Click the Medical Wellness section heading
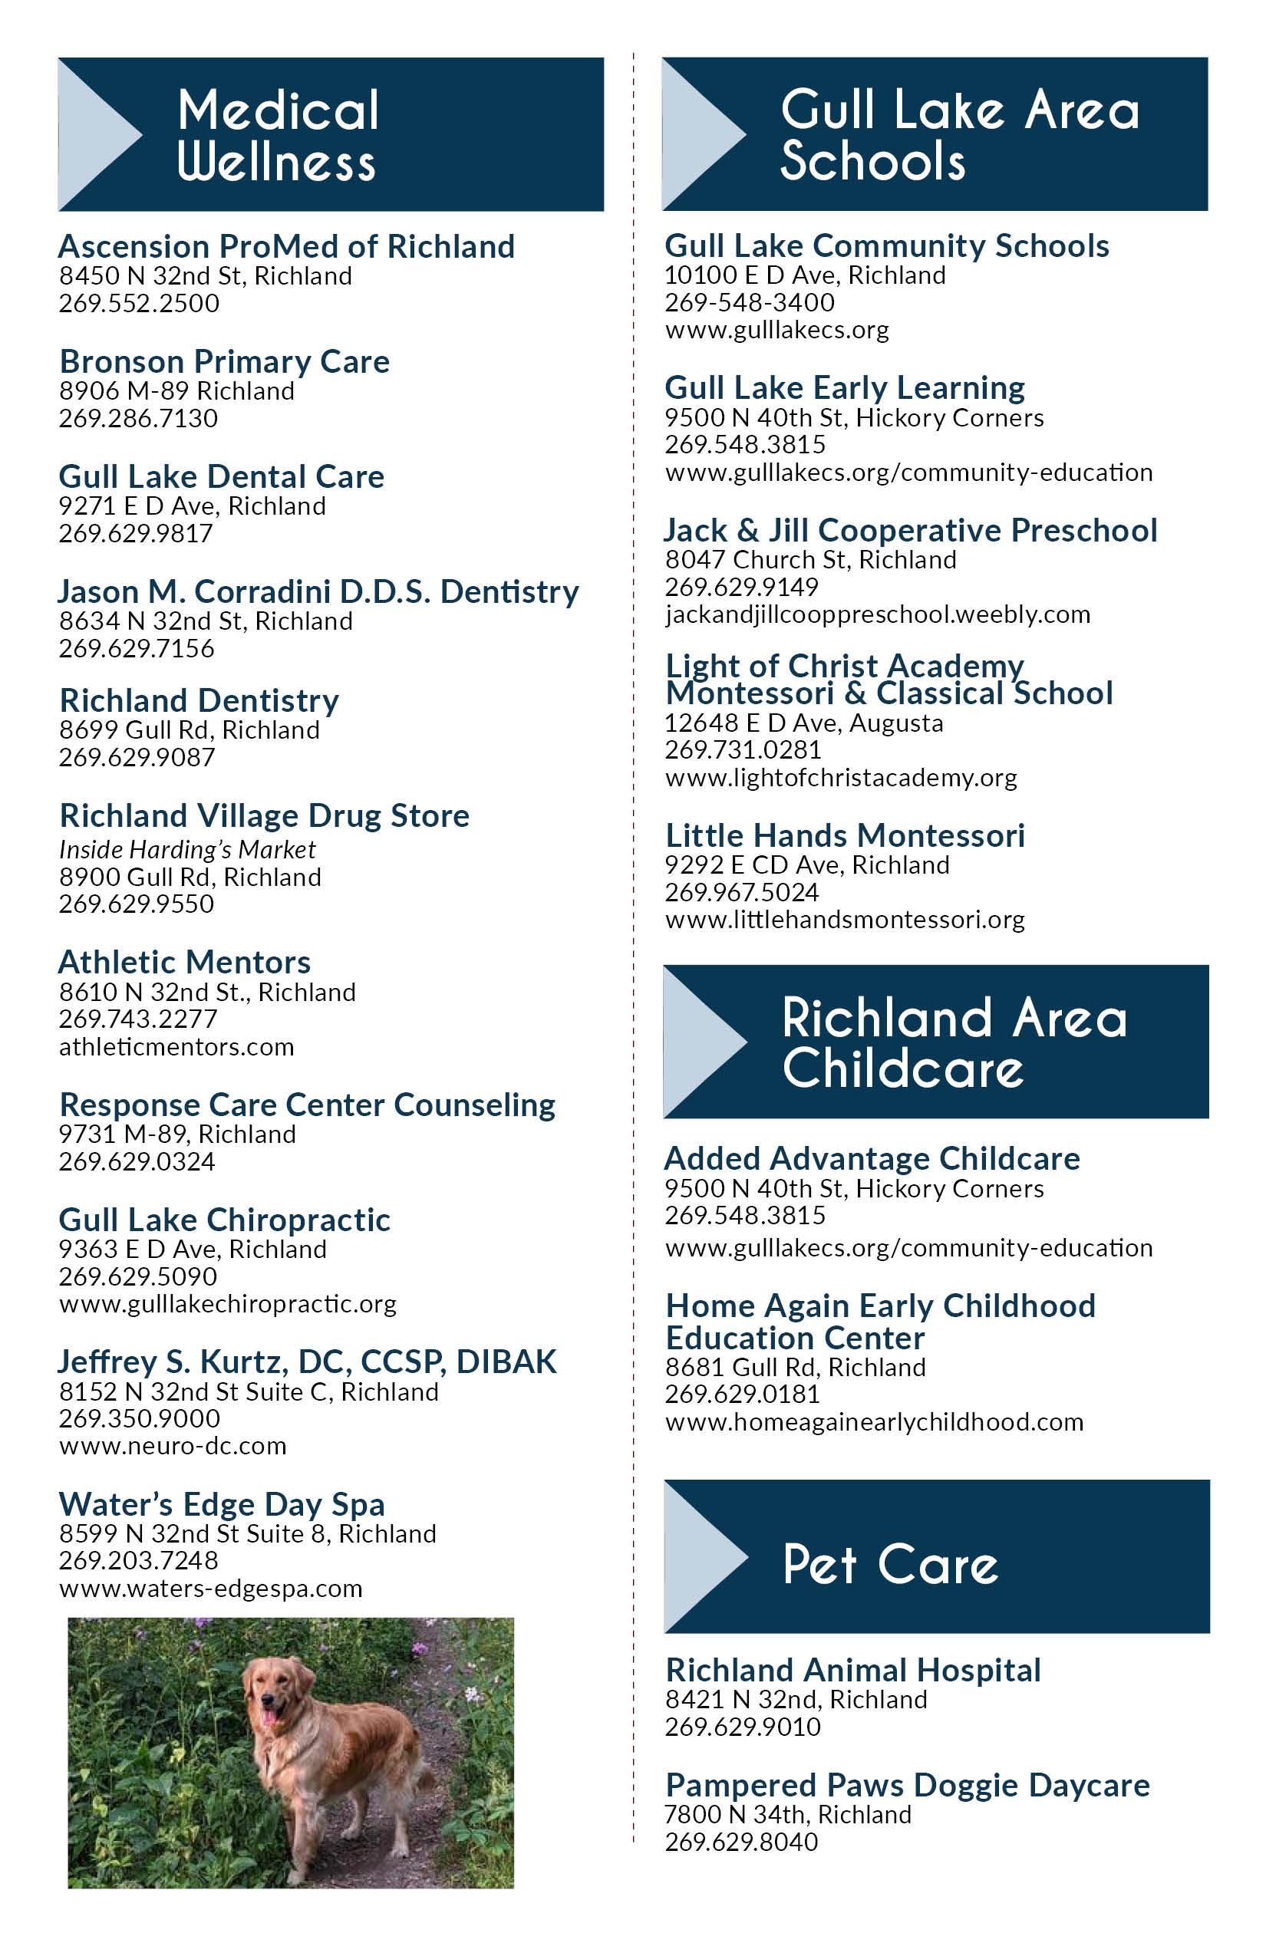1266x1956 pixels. pos(277,135)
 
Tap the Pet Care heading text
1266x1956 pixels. pos(890,1564)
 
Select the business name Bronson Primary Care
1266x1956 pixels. pos(224,361)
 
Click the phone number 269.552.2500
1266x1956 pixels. pos(139,303)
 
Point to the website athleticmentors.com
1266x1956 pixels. pos(176,1046)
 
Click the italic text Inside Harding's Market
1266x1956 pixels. pos(187,849)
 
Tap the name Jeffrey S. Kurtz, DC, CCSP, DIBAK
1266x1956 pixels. pos(307,1362)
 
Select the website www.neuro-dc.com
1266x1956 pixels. pos(173,1446)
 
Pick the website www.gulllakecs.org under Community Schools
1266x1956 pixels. pos(776,331)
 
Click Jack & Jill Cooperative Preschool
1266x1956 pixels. pos(910,530)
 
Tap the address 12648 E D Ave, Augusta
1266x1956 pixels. pos(803,723)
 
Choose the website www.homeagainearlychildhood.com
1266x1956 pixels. pos(874,1422)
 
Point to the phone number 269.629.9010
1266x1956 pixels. pos(743,1727)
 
